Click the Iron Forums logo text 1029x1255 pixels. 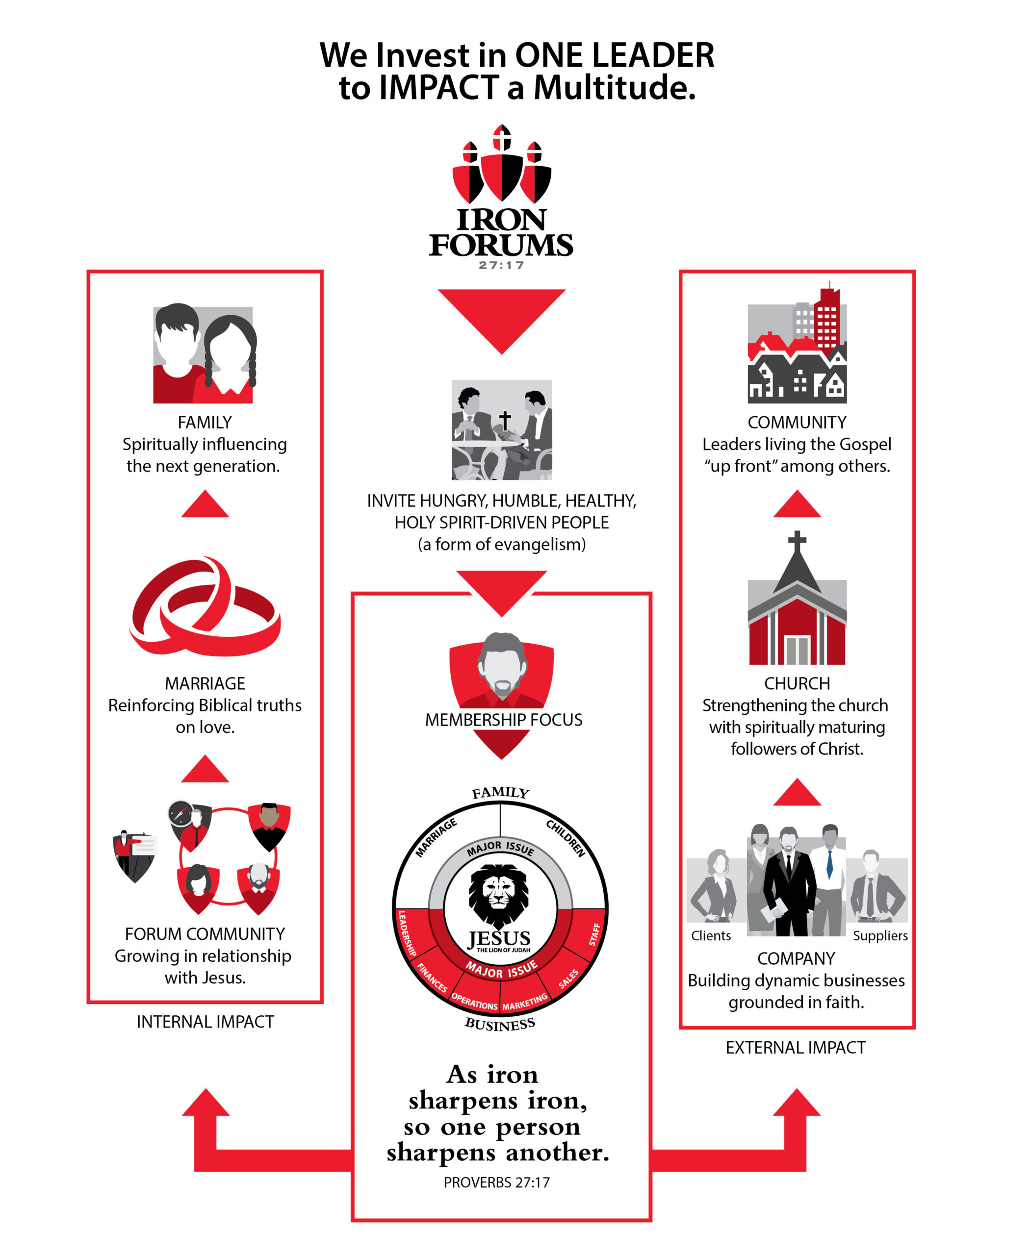501,233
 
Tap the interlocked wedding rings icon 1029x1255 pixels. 205,607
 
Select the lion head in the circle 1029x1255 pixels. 499,894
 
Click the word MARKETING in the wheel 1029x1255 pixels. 525,1003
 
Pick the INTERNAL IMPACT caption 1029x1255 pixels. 205,1022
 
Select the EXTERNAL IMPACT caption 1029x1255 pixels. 796,1048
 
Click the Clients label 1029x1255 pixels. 711,936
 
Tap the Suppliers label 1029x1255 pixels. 880,936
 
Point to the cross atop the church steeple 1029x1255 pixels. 797,541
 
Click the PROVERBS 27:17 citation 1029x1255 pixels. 497,1183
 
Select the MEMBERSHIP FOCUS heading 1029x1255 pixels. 503,720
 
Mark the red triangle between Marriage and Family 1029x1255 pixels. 205,505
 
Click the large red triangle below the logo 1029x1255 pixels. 501,317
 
